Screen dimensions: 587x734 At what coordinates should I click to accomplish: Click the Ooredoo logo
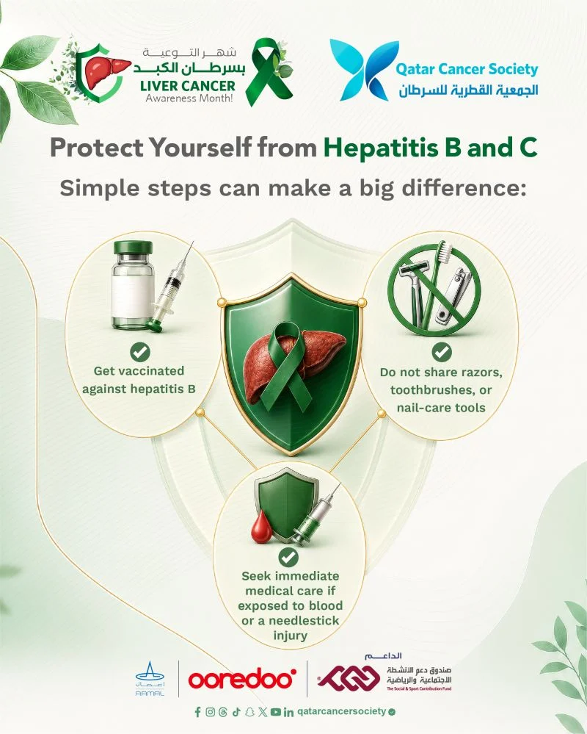coord(242,678)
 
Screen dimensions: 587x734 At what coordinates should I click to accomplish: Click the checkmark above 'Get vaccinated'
coord(139,351)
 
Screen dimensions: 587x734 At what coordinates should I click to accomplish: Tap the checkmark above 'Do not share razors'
coord(441,352)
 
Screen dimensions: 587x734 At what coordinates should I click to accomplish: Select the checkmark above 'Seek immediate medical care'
coord(288,557)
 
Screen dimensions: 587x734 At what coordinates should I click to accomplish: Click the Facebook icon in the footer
coord(197,712)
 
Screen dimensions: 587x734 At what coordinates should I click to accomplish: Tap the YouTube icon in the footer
coord(276,712)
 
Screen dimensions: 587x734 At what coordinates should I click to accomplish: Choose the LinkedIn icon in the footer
coord(288,712)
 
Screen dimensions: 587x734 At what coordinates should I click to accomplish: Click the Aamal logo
coord(150,678)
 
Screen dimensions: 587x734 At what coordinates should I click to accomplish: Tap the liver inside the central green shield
coord(294,363)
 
